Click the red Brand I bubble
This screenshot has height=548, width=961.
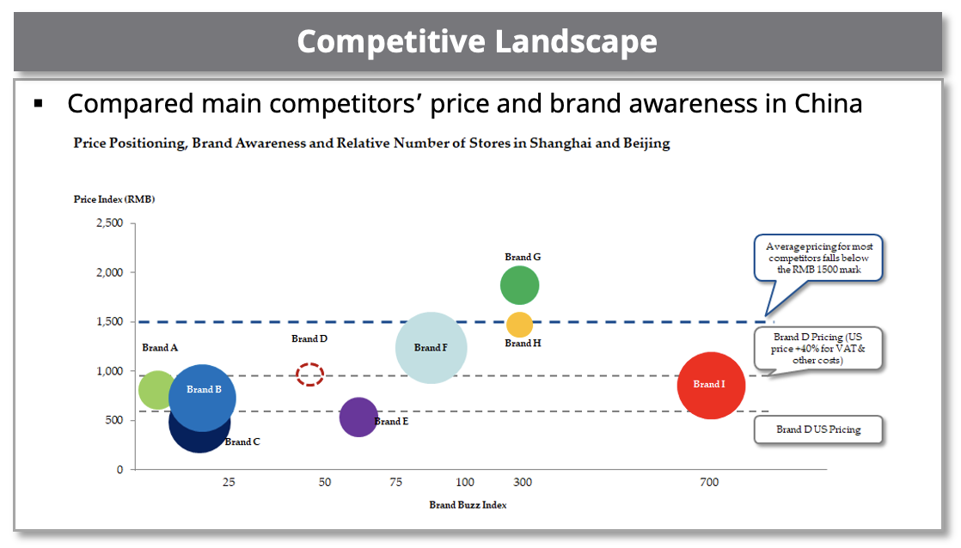click(x=710, y=386)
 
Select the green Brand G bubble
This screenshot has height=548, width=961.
click(x=519, y=285)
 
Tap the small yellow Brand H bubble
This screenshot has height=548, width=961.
click(x=519, y=325)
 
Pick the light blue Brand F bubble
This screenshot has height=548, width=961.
click(x=432, y=347)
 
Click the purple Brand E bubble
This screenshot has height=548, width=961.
click(x=358, y=417)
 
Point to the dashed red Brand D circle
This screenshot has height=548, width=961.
click(x=309, y=374)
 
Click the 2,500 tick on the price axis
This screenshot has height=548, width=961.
click(x=107, y=223)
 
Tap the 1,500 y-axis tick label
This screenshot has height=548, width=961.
click(x=107, y=322)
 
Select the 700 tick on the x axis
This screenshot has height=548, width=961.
click(x=709, y=483)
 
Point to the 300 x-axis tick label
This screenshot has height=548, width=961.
click(x=523, y=483)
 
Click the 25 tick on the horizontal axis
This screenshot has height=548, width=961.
click(x=229, y=483)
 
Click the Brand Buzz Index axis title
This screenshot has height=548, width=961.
click(x=468, y=505)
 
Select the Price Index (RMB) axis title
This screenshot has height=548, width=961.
click(x=114, y=199)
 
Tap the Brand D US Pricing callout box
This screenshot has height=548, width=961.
click(x=818, y=429)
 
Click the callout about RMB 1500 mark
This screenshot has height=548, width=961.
click(x=819, y=258)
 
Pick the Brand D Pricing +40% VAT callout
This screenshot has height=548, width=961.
click(x=819, y=349)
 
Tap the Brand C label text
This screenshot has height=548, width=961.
click(x=242, y=442)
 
